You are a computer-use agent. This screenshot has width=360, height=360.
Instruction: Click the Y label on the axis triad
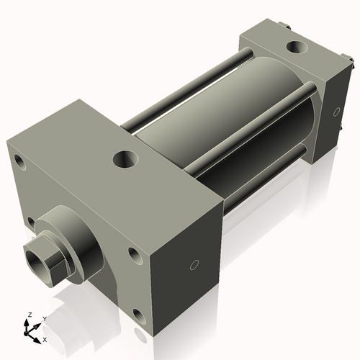(x=44, y=319)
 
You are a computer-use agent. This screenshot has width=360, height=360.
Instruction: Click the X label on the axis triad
(x=45, y=338)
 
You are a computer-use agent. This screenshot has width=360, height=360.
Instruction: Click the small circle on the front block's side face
(x=192, y=265)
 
